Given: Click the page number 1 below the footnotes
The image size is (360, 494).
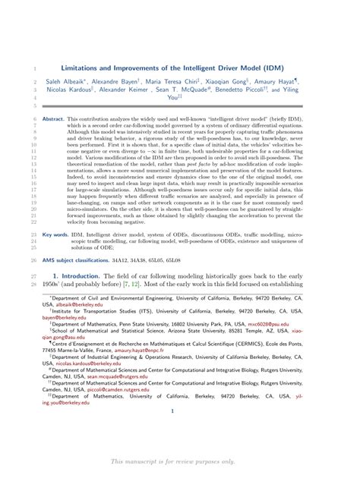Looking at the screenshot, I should coord(173,412).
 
